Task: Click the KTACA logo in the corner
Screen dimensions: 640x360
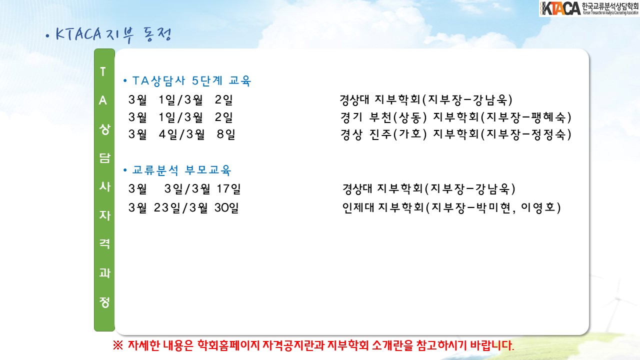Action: [589, 8]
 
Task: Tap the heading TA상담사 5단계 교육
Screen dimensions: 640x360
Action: [191, 81]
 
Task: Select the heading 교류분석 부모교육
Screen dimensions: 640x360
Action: [181, 170]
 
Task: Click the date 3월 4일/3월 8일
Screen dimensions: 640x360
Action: [182, 134]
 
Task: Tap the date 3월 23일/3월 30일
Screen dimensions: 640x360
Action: [183, 207]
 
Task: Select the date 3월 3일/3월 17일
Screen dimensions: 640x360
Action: [184, 189]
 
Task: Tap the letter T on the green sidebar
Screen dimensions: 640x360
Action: [103, 71]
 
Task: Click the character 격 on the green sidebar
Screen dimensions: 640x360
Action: [104, 243]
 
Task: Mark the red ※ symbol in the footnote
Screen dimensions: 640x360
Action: [117, 345]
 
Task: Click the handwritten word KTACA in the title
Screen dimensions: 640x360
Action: [78, 34]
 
